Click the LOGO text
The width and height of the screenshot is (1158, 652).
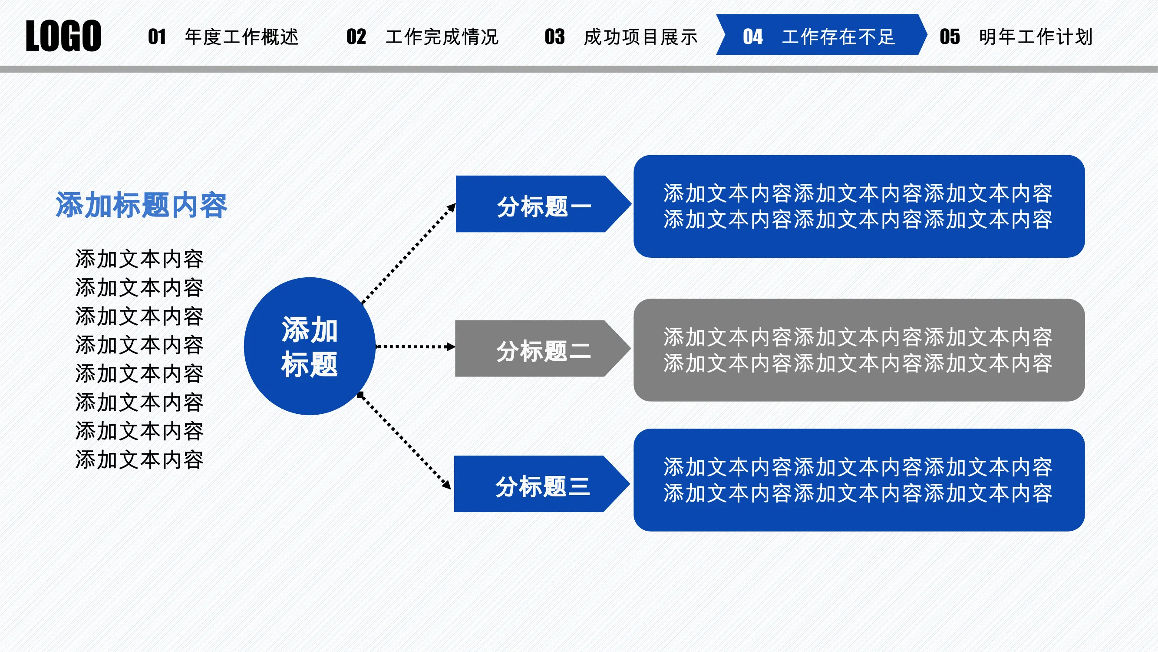tap(63, 36)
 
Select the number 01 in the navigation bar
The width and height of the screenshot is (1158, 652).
tap(157, 37)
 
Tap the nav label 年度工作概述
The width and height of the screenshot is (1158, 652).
tap(242, 37)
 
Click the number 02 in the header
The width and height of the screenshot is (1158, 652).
tap(356, 37)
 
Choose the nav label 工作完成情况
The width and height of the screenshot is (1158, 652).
tap(442, 37)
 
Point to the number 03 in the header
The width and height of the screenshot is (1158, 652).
tap(555, 37)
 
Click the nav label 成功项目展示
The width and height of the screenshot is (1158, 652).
tap(641, 37)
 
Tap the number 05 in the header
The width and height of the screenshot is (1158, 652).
tap(950, 37)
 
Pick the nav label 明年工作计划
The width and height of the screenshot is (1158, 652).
tap(1036, 37)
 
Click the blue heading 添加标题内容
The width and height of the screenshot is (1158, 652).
tap(141, 205)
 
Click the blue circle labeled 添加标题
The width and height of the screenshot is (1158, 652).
tap(310, 346)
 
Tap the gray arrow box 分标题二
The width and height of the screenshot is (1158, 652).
tap(543, 348)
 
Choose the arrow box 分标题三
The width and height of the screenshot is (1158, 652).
tap(542, 484)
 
